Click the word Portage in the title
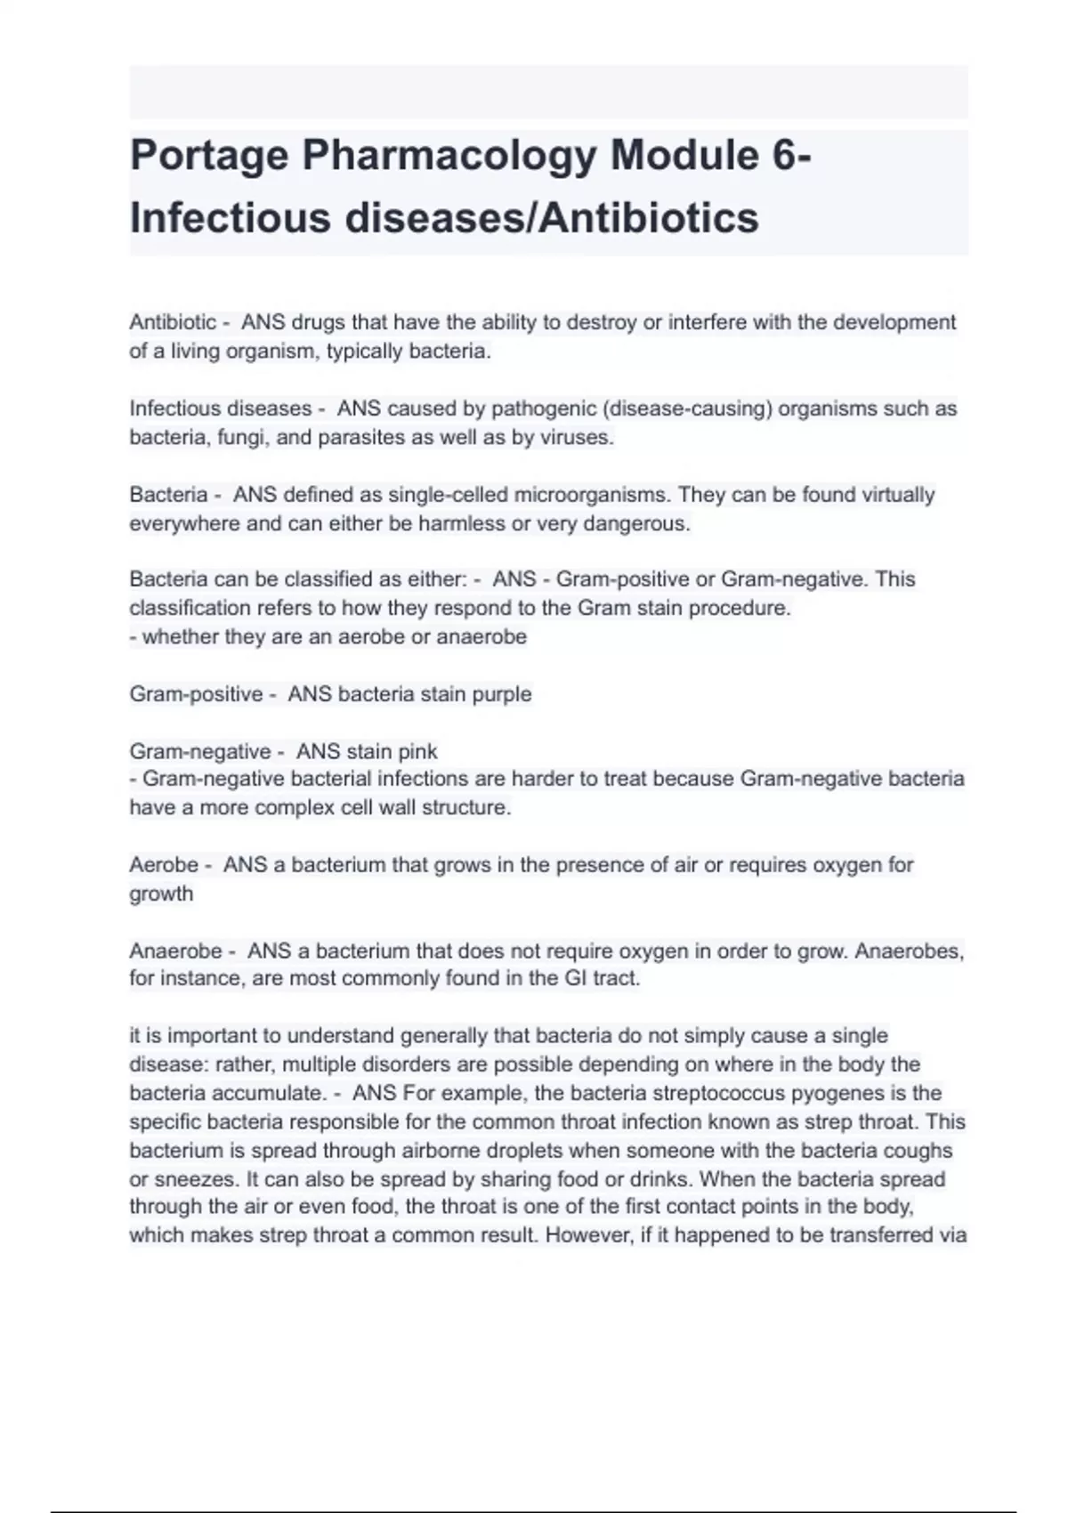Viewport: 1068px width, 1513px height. (x=209, y=156)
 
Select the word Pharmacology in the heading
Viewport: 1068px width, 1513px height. (x=449, y=156)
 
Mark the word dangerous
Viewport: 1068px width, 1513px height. (x=636, y=523)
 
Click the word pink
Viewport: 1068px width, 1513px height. (x=416, y=752)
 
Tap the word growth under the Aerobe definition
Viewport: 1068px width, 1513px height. (x=161, y=894)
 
